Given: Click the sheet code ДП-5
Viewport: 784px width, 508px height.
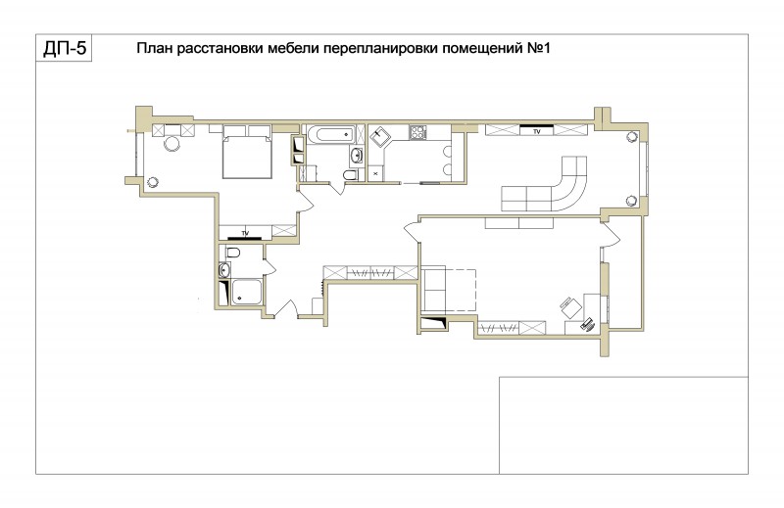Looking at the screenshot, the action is pos(65,49).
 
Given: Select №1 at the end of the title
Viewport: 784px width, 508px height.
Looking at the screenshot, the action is pos(538,49).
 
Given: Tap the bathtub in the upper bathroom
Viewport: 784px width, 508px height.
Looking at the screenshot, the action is pos(330,134).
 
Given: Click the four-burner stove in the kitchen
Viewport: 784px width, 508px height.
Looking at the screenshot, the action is pos(418,132).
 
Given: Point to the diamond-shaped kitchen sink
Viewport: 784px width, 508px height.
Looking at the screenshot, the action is pos(380,136).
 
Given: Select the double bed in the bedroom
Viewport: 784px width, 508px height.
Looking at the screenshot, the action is pos(247,152).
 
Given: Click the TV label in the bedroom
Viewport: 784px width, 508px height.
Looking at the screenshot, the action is pos(245,233).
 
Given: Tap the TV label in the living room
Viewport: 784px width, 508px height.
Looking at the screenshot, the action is pos(537,132).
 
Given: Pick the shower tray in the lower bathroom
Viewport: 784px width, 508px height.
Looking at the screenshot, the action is pos(246,292).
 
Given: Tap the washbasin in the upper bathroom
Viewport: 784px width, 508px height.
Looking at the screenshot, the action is pos(357,156).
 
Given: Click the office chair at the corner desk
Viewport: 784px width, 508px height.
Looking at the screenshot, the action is pos(569,306).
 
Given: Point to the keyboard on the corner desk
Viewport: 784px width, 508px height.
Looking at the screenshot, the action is pos(586,324).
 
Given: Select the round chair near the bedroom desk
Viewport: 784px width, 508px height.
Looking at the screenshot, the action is pos(171,144).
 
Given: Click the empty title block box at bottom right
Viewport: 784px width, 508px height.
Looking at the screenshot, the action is pos(623,425).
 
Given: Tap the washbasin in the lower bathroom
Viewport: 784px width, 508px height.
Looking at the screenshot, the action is pos(224,270).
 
